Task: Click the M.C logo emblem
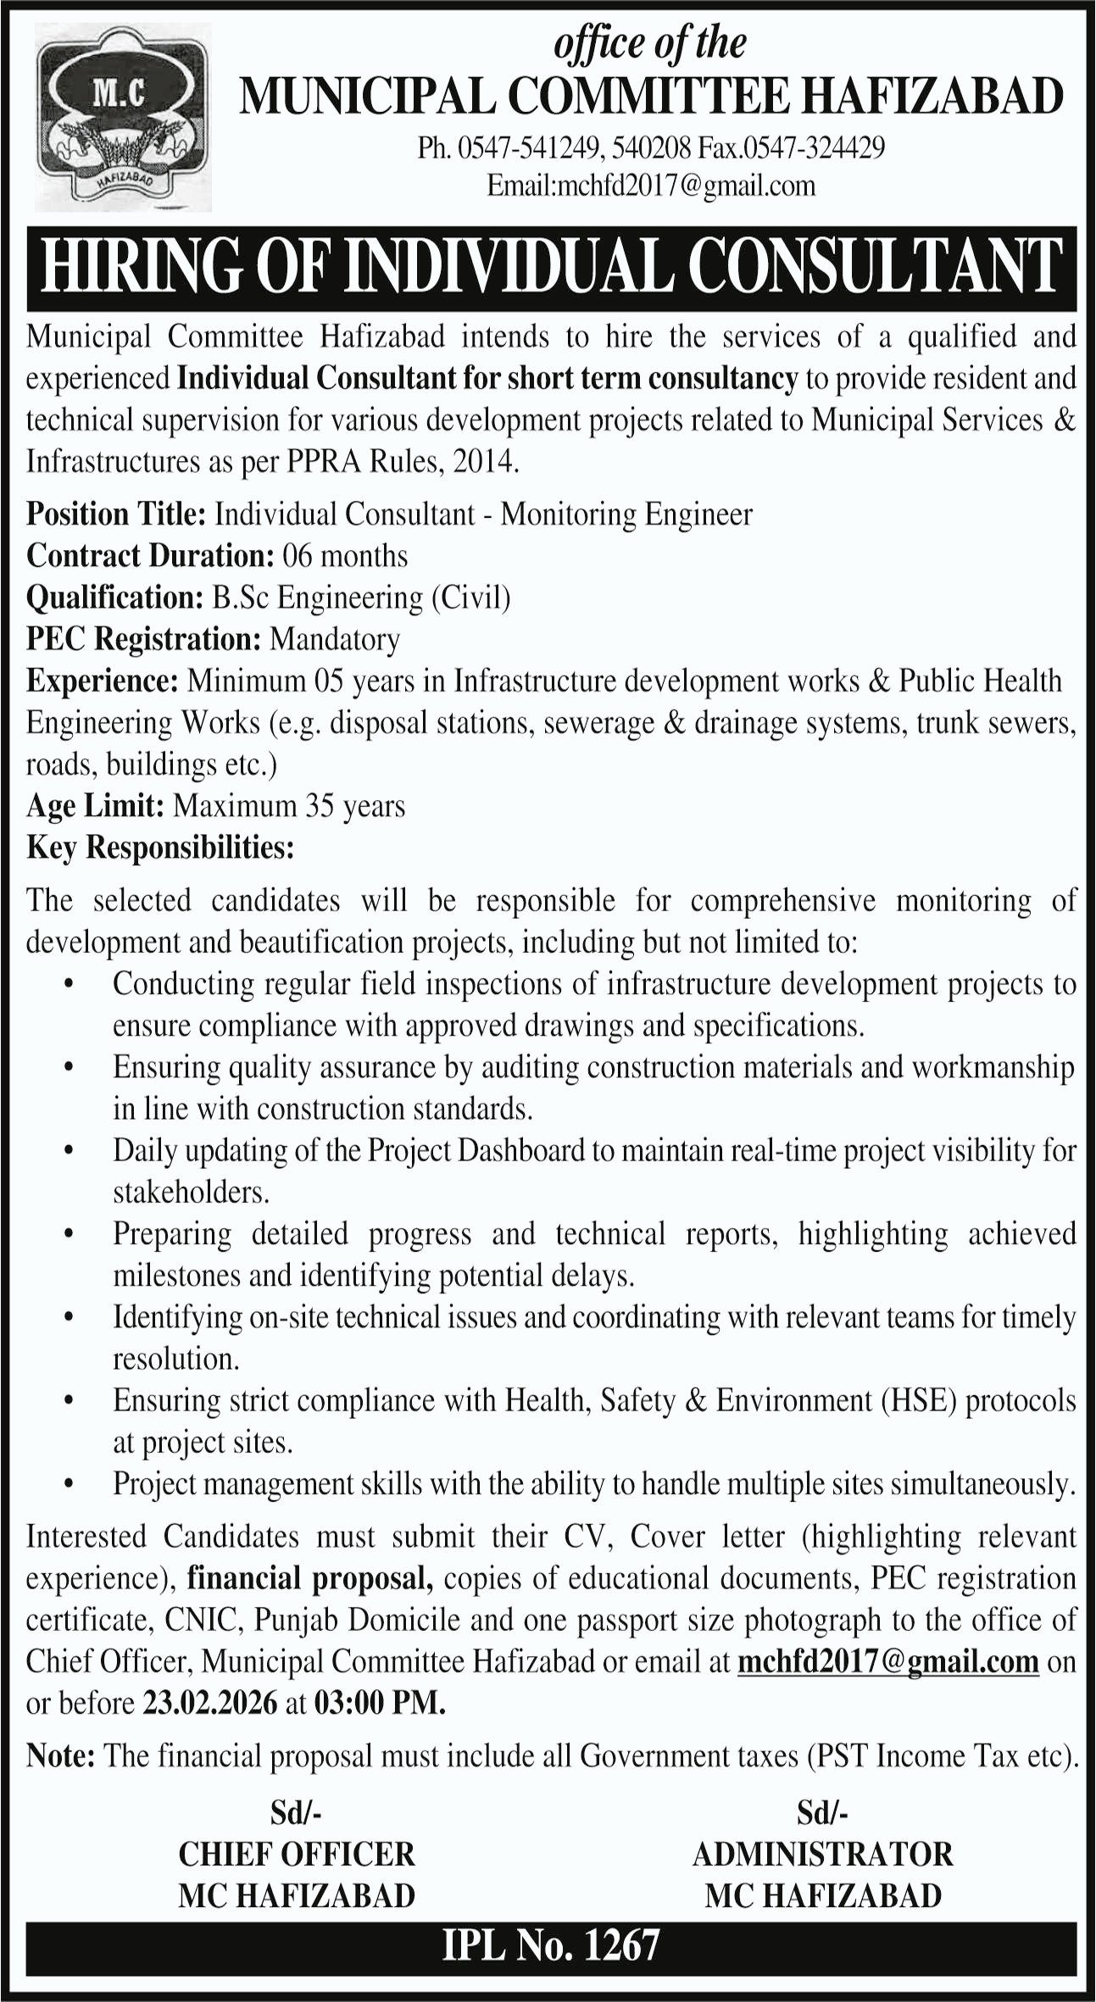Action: [x=124, y=118]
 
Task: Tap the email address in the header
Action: [x=651, y=186]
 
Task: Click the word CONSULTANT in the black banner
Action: [x=876, y=268]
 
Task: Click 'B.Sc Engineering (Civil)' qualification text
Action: [x=361, y=598]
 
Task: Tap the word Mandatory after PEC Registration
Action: [x=335, y=639]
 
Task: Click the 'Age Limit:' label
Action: [x=95, y=805]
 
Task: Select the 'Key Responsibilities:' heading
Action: [x=160, y=848]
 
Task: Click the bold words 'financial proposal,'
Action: [x=310, y=1578]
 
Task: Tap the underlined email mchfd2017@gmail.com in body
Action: [x=888, y=1661]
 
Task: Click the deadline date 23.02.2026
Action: [x=210, y=1703]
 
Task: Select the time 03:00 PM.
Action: [x=379, y=1703]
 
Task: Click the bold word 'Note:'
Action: [x=60, y=1755]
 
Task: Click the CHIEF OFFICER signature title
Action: [x=297, y=1854]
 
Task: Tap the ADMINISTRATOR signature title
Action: [x=822, y=1854]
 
